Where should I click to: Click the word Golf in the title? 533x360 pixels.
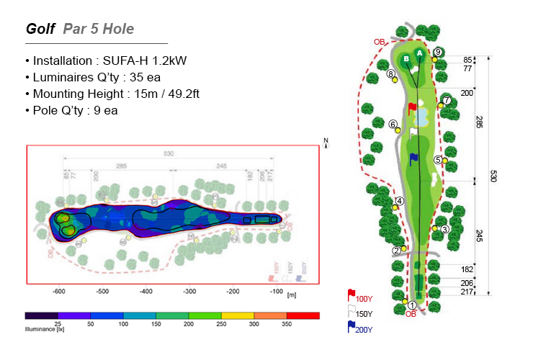40,29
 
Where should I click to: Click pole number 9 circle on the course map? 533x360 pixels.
439,52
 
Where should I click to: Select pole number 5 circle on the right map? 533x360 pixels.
438,159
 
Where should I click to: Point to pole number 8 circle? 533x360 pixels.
390,73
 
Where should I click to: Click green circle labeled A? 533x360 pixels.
419,53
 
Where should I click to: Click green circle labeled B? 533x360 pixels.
406,58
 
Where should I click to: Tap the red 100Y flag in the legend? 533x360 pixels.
351,295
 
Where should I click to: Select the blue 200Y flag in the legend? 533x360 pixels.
351,327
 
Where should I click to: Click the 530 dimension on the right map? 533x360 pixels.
493,176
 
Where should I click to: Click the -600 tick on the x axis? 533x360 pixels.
59,292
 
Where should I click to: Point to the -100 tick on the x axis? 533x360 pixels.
275,292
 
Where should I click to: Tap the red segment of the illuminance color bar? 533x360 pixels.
303,315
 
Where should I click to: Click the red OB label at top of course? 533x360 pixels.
379,41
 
